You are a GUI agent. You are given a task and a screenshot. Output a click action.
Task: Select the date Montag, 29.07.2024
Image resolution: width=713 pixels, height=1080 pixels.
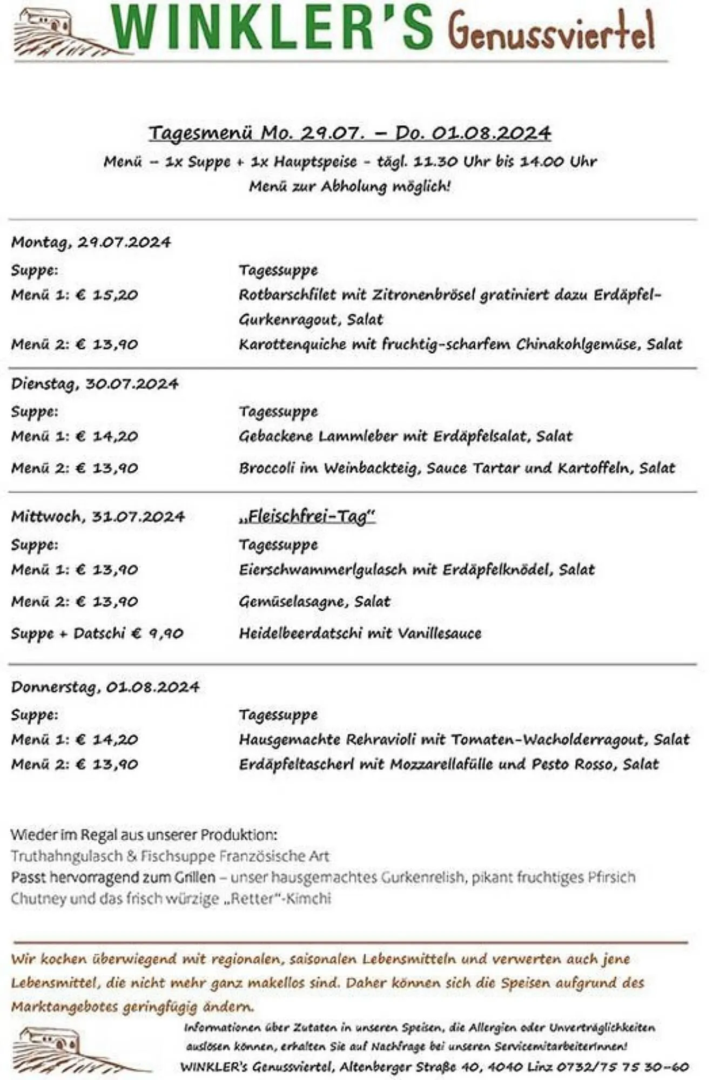coord(91,242)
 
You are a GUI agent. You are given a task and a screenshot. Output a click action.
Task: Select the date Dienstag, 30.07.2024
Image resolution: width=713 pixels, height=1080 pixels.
coord(95,384)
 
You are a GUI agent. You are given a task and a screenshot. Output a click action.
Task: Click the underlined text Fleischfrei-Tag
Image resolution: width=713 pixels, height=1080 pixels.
coord(306,516)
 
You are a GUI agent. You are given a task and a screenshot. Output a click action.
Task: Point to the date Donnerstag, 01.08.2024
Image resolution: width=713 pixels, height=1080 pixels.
coord(105,687)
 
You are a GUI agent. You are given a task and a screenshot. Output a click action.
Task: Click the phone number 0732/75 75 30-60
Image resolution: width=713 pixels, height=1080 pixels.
coord(621,1066)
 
